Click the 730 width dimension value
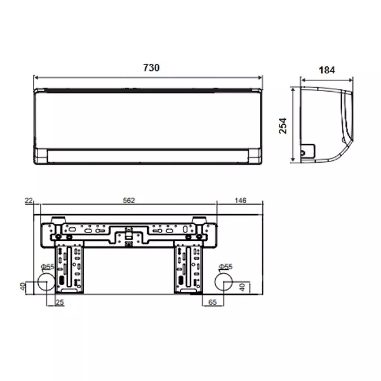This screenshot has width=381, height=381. click(x=151, y=68)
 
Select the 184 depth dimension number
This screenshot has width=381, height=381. click(x=327, y=70)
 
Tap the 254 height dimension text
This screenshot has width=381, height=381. click(x=283, y=126)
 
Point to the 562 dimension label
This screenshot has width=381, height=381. click(x=129, y=200)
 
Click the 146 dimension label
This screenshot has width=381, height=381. click(x=240, y=201)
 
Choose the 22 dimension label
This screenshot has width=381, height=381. click(x=29, y=201)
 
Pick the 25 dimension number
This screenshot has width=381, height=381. click(x=60, y=302)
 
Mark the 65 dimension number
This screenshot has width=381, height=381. click(x=212, y=302)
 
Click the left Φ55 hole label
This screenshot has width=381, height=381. click(x=48, y=267)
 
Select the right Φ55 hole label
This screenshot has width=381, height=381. click(x=225, y=266)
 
